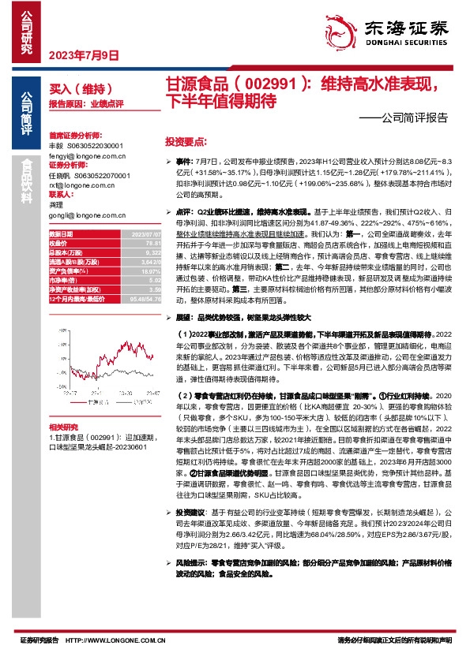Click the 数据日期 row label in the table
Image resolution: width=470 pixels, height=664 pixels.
coord(61,234)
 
